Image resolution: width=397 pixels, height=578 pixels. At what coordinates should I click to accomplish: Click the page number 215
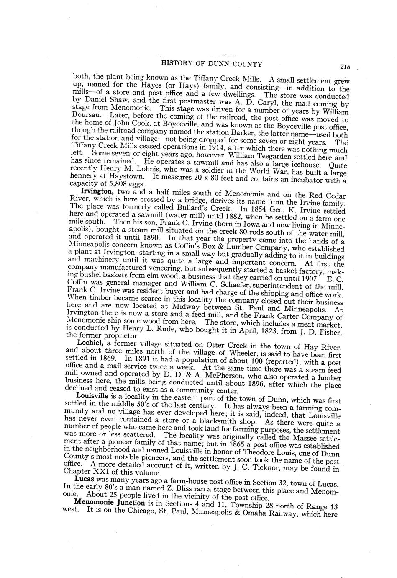345,66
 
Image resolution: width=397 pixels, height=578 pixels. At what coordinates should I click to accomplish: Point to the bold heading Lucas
84,478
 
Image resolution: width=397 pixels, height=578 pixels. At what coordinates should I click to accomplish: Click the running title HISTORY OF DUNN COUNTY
212,64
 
